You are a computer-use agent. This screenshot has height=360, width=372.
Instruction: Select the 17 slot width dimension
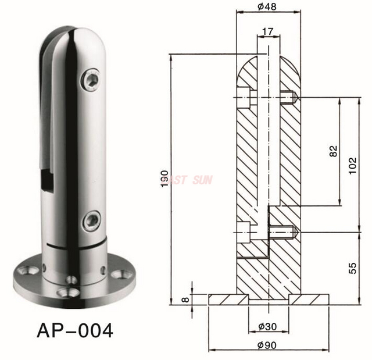click(x=268, y=31)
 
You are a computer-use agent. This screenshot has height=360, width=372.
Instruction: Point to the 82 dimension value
click(x=333, y=151)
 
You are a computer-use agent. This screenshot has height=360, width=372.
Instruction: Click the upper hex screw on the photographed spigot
click(x=91, y=80)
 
